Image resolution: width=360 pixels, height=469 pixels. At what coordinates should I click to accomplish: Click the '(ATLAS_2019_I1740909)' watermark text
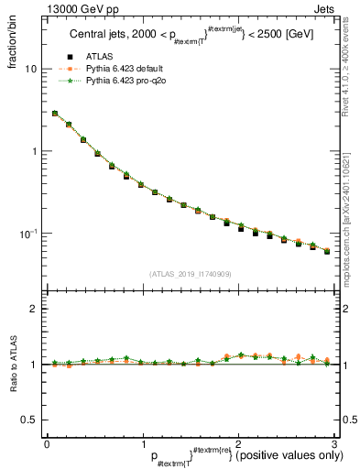click(x=190, y=274)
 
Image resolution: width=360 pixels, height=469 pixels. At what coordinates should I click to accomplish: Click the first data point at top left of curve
click(x=55, y=114)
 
